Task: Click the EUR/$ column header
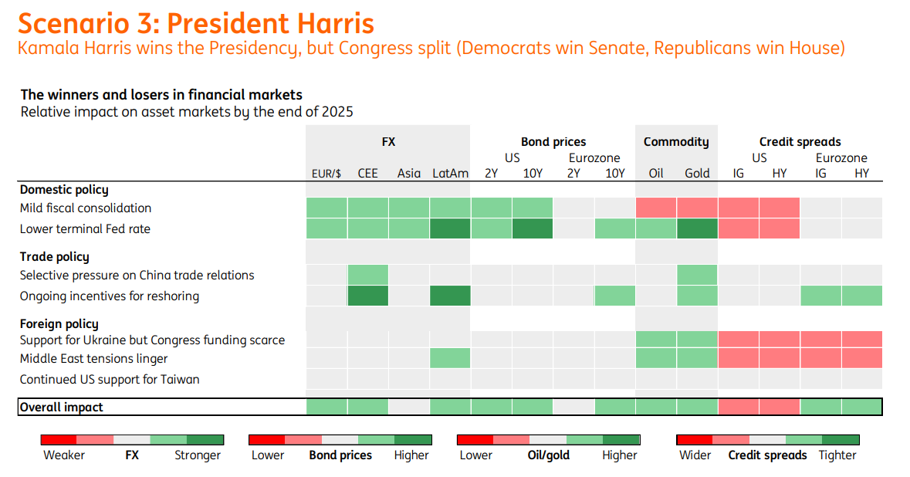pyautogui.click(x=326, y=174)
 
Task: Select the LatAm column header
pyautogui.click(x=450, y=173)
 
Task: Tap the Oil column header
pyautogui.click(x=656, y=173)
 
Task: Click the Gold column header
pyautogui.click(x=697, y=173)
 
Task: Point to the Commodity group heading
pyautogui.click(x=676, y=142)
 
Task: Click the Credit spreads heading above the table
pyautogui.click(x=800, y=142)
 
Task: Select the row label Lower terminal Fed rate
pyautogui.click(x=85, y=228)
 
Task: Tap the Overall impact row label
pyautogui.click(x=61, y=408)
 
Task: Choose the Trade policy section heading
pyautogui.click(x=55, y=256)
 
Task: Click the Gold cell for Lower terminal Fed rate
pyautogui.click(x=697, y=228)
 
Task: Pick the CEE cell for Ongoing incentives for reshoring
pyautogui.click(x=368, y=296)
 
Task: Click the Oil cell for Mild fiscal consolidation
pyautogui.click(x=656, y=208)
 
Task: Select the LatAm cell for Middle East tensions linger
pyautogui.click(x=450, y=359)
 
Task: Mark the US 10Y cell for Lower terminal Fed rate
pyautogui.click(x=533, y=228)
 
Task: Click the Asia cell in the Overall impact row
pyautogui.click(x=409, y=407)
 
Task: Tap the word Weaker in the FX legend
pyautogui.click(x=64, y=455)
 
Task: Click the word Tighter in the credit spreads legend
pyautogui.click(x=837, y=455)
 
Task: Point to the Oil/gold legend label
pyautogui.click(x=549, y=455)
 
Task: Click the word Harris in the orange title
pyautogui.click(x=336, y=24)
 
